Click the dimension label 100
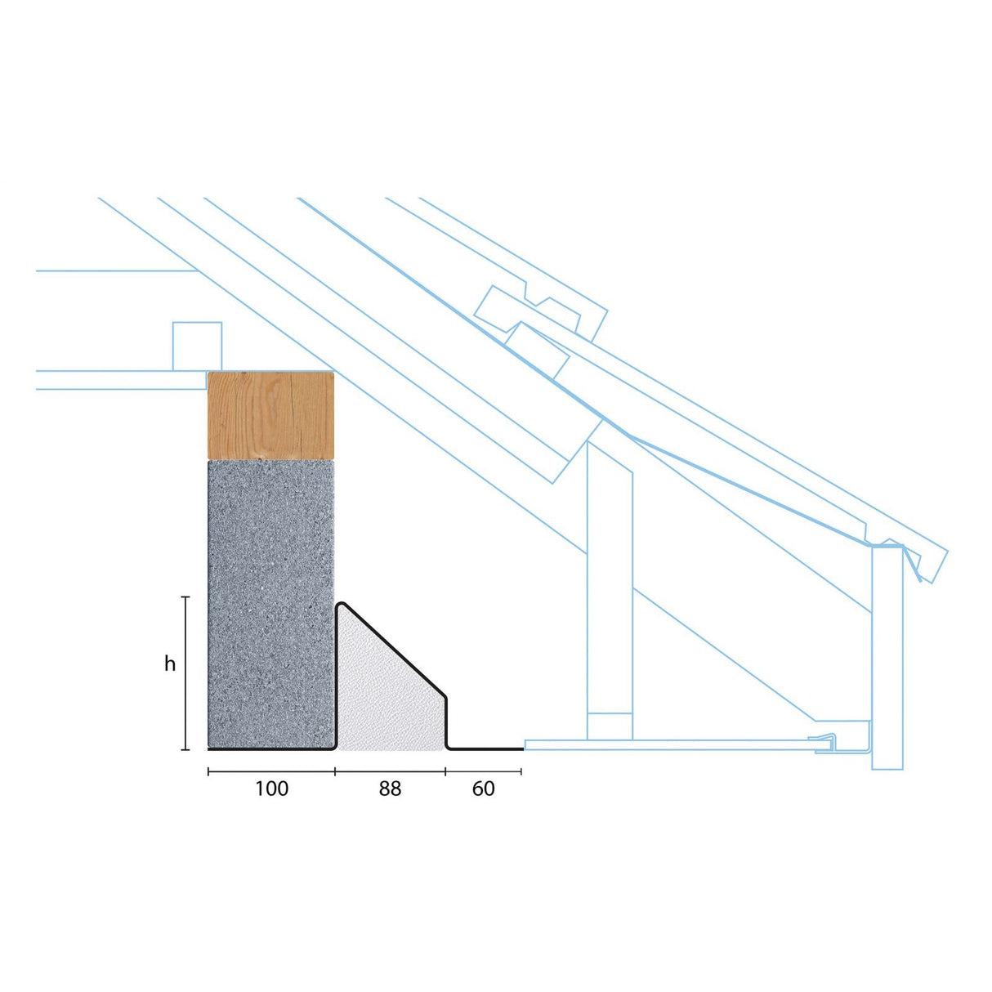271,789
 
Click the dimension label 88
390,789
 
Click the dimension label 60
483,789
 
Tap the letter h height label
170,664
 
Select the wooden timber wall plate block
271,416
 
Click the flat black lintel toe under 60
486,748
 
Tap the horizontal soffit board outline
670,744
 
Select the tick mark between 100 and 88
335,771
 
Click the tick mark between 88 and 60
445,771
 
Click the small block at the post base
610,726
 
